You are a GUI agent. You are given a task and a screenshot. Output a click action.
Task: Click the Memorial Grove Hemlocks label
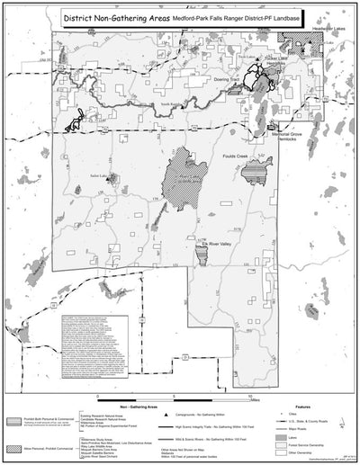point(286,134)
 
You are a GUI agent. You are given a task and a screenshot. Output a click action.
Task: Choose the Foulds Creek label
point(265,149)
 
